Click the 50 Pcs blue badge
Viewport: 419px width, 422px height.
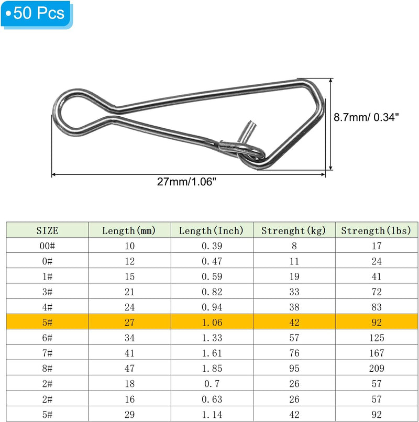pyautogui.click(x=36, y=14)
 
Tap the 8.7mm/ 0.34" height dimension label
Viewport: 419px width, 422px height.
pyautogui.click(x=366, y=117)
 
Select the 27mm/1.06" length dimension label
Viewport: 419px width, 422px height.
pyautogui.click(x=186, y=182)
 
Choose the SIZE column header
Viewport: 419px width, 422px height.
pyautogui.click(x=47, y=231)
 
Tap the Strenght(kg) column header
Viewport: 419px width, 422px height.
pyautogui.click(x=293, y=231)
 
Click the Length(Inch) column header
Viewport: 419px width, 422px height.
pyautogui.click(x=212, y=231)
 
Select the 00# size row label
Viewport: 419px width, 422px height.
pyautogui.click(x=47, y=246)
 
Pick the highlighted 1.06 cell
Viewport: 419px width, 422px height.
pyautogui.click(x=212, y=323)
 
